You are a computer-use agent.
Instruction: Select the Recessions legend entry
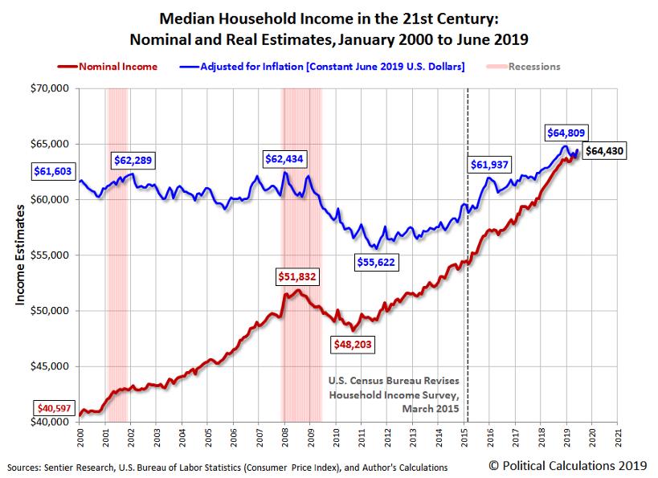click(x=533, y=67)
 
